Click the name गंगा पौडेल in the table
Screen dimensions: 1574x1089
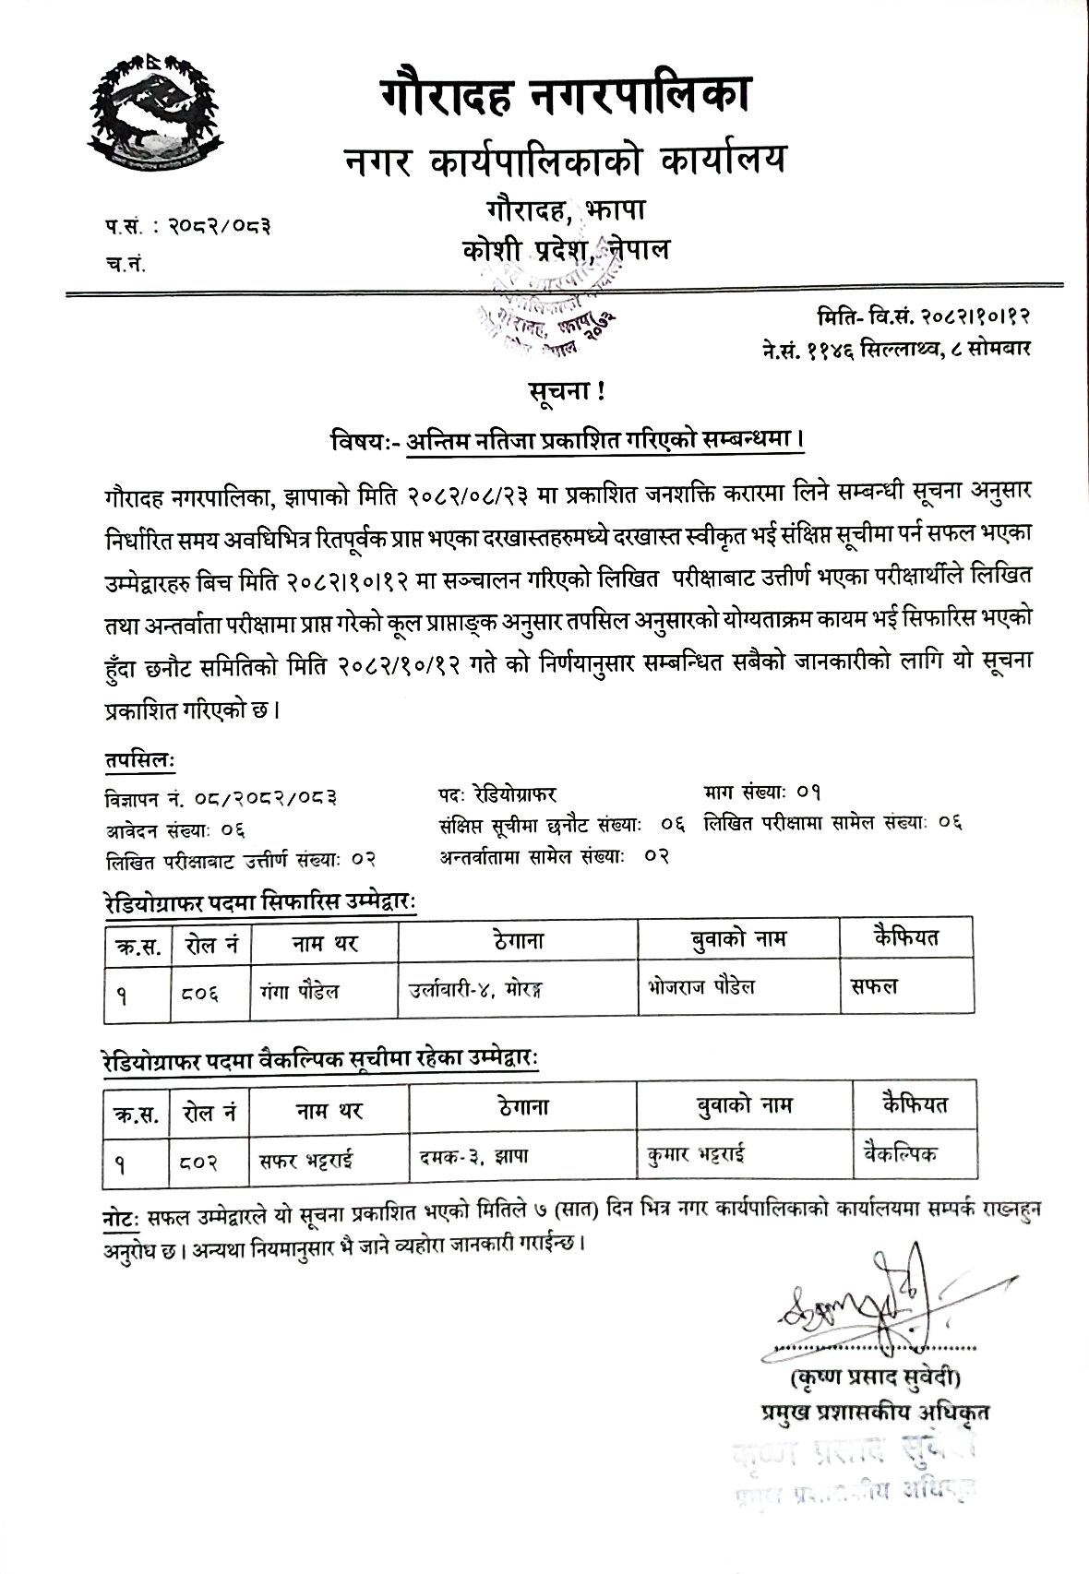click(x=301, y=990)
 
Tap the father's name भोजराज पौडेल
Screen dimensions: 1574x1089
click(x=701, y=986)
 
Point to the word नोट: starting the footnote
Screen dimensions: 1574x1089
click(x=120, y=1217)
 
